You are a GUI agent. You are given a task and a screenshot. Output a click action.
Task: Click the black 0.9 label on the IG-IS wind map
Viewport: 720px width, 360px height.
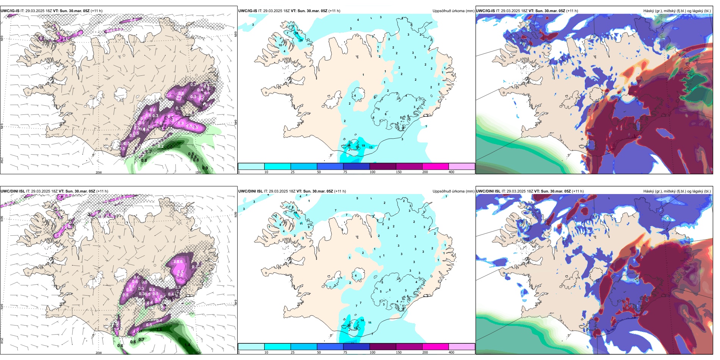coord(205,168)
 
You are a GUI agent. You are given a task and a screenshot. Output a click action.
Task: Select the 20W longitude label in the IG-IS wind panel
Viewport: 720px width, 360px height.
coord(99,172)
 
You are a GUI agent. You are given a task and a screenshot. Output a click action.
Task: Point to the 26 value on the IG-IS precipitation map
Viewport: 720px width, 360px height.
coord(301,40)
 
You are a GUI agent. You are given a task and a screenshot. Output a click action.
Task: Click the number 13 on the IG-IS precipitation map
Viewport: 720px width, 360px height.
coord(371,147)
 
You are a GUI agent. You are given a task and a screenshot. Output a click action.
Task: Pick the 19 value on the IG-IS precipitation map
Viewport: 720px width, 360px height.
coord(363,146)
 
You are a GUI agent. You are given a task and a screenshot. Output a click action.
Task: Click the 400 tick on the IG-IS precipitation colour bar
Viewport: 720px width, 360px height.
coord(451,172)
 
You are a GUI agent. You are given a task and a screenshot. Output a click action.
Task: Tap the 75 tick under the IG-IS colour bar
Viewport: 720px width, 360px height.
coord(345,172)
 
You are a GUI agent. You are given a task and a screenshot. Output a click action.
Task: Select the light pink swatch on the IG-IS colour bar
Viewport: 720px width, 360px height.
coord(462,166)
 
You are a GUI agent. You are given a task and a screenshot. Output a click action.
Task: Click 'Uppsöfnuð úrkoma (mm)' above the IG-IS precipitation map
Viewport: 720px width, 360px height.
coord(453,11)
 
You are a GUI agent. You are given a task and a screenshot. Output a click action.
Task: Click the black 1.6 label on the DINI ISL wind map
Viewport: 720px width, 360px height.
coord(160,330)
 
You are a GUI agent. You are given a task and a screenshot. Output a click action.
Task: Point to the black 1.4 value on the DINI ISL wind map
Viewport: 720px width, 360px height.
coord(187,345)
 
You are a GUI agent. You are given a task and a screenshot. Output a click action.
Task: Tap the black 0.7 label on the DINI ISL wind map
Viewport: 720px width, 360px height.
coord(141,340)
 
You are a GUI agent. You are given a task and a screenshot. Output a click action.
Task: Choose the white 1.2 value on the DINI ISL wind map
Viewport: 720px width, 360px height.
coord(68,226)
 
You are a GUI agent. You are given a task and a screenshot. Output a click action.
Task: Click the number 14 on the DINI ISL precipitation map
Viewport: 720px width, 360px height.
coord(362,320)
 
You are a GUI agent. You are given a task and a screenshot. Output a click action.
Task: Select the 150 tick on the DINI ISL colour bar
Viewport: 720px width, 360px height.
coord(399,352)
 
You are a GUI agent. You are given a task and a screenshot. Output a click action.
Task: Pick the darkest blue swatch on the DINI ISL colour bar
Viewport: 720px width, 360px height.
coord(356,347)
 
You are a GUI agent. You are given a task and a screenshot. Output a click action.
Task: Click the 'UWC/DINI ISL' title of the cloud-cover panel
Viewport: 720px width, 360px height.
coord(488,191)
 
